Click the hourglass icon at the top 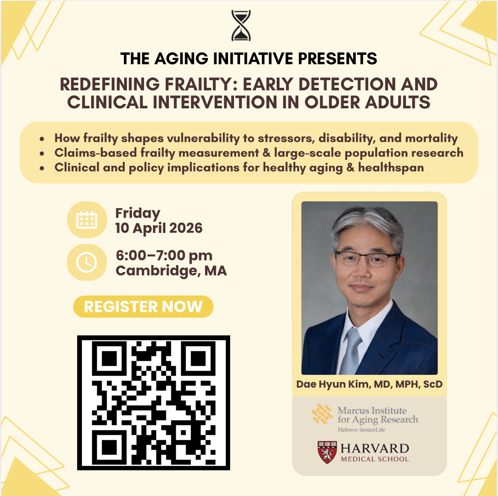point(241,26)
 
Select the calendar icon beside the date point(87,220)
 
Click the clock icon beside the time point(87,262)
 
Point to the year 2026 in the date point(186,228)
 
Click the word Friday point(138,213)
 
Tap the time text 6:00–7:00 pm point(164,255)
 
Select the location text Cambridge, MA point(171,271)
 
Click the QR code point(153,403)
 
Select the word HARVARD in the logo point(375,448)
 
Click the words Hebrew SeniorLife point(361,430)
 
